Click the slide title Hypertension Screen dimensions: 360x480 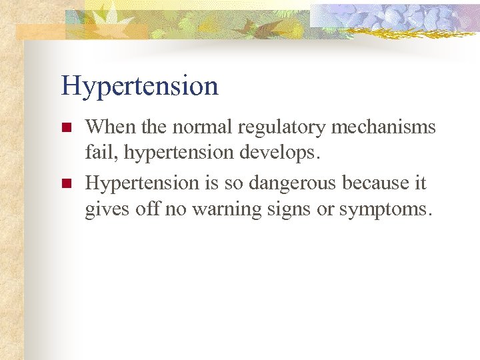[x=139, y=87]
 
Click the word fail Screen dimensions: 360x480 [x=98, y=154]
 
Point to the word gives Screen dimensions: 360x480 [x=103, y=210]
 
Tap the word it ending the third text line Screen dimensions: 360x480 [x=420, y=182]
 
